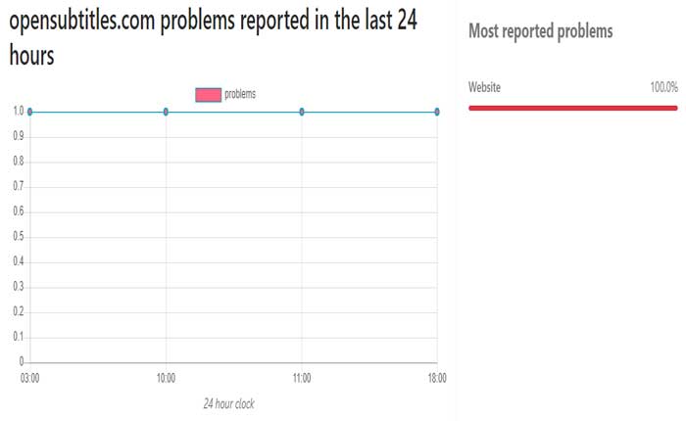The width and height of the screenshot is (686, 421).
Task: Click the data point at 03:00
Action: pyautogui.click(x=30, y=112)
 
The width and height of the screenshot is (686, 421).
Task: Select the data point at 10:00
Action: pyautogui.click(x=166, y=112)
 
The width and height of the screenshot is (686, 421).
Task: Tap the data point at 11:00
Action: pyautogui.click(x=302, y=112)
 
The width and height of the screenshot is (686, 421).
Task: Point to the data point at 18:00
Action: pyautogui.click(x=436, y=112)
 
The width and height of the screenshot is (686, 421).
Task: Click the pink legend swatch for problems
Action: pyautogui.click(x=208, y=94)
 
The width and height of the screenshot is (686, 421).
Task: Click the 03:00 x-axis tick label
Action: pyautogui.click(x=30, y=378)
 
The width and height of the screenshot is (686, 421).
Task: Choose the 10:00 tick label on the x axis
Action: pyautogui.click(x=166, y=378)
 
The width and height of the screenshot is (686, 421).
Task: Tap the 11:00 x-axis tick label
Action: pyautogui.click(x=302, y=378)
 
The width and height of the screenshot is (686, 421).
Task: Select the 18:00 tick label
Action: pyautogui.click(x=436, y=378)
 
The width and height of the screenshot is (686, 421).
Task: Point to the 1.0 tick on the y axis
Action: pyautogui.click(x=18, y=112)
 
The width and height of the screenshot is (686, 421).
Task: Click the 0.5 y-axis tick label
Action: pyautogui.click(x=18, y=237)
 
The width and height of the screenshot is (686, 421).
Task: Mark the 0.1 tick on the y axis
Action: pyautogui.click(x=18, y=338)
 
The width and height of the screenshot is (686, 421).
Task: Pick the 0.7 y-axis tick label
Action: pyautogui.click(x=18, y=187)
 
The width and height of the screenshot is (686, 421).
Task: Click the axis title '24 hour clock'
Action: pyautogui.click(x=228, y=403)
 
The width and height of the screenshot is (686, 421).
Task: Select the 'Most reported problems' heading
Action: pyautogui.click(x=540, y=32)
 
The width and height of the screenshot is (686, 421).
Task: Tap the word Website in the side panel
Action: pyautogui.click(x=485, y=88)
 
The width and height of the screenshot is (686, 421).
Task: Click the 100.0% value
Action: pyautogui.click(x=663, y=88)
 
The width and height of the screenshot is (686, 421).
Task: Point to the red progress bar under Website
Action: pyautogui.click(x=573, y=107)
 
